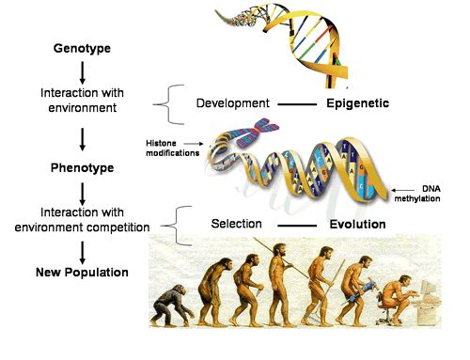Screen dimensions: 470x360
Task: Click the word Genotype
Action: [82, 49]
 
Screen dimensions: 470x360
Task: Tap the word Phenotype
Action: [82, 168]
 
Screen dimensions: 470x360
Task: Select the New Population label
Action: [82, 273]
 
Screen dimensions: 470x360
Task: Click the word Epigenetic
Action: [358, 103]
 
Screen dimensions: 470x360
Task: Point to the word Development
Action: [233, 103]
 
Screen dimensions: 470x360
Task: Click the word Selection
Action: [236, 224]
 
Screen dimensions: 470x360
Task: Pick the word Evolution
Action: [357, 225]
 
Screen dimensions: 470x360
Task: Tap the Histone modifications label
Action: [173, 149]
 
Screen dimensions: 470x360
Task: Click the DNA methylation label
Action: [417, 194]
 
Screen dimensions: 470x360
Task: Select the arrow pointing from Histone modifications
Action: [194, 144]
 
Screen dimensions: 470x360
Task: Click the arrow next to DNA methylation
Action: [402, 190]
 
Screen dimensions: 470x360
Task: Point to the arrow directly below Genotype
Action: [83, 72]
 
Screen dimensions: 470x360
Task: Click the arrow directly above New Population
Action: [83, 253]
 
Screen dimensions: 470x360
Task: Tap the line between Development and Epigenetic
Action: [297, 104]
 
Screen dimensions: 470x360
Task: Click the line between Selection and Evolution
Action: [297, 226]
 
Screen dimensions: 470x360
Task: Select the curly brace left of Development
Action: [169, 104]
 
